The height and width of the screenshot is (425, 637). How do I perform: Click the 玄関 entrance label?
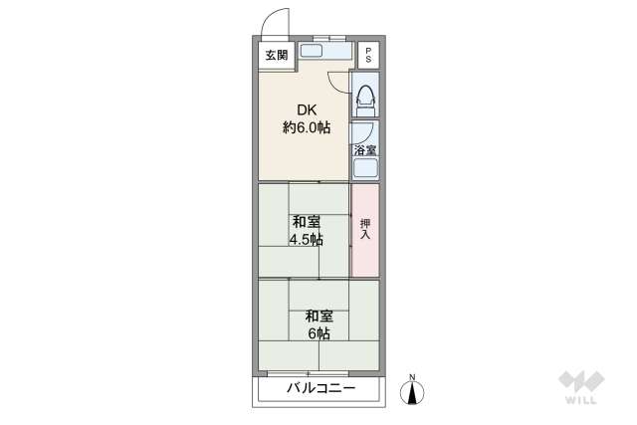pos(275,56)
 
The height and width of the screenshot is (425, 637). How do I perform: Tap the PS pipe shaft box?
pos(368,55)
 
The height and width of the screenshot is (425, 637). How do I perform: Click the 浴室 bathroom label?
pos(365,150)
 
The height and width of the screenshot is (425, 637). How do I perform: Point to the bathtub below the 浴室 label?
pos(365,167)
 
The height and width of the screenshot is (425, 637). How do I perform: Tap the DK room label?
pos(306,109)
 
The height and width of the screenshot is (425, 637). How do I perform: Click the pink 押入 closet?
pos(365,230)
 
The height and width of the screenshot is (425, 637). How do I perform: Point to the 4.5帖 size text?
pos(306,240)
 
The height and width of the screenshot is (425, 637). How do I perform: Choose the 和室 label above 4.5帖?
pos(306,222)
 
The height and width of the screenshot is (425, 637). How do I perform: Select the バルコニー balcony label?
pos(320,388)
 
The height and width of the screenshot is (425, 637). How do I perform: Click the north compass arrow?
pos(412,393)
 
